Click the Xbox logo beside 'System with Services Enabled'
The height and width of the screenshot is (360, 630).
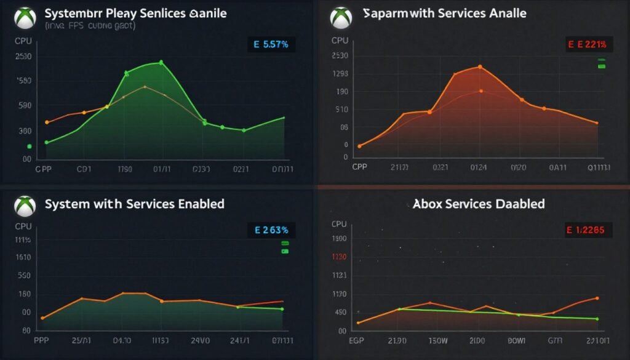click(25, 206)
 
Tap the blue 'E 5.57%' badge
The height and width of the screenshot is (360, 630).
click(271, 44)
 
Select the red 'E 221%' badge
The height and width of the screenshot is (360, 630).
click(588, 44)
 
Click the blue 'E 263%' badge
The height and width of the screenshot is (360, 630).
click(271, 230)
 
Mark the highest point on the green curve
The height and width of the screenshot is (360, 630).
click(161, 62)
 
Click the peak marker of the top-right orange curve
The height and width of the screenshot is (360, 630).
click(479, 66)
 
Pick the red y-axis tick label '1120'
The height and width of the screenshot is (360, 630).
click(340, 257)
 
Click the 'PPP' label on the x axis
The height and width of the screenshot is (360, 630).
click(41, 340)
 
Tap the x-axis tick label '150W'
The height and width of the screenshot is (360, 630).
click(437, 340)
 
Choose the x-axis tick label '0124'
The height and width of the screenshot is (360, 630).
click(479, 167)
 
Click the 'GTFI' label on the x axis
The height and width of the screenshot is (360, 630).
click(556, 340)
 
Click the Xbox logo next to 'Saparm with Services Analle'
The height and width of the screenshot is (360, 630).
click(340, 17)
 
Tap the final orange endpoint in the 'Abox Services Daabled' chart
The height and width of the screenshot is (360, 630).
click(597, 298)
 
